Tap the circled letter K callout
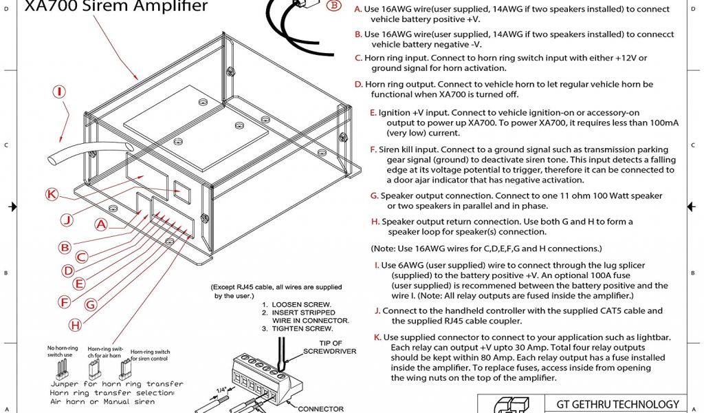[52, 194]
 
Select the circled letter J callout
[66, 220]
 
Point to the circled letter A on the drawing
[100, 224]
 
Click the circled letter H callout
[75, 324]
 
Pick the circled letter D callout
[69, 271]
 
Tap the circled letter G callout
[91, 304]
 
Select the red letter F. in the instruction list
[373, 149]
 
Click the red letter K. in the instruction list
[377, 337]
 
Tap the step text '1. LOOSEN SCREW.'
[297, 304]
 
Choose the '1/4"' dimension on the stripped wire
[220, 390]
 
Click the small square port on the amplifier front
[182, 192]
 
